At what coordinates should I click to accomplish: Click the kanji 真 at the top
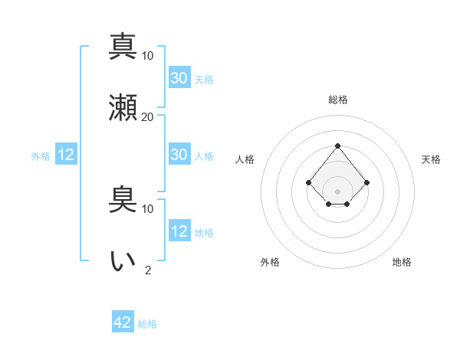point(123,46)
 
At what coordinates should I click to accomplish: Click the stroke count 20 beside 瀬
point(148,117)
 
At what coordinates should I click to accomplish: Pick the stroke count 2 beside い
point(148,270)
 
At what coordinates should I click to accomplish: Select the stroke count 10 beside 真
point(148,56)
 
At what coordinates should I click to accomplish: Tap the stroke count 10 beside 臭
point(148,208)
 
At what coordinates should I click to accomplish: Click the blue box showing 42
point(123,322)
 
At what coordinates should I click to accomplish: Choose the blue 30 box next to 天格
point(179,78)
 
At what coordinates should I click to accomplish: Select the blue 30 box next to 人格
point(179,155)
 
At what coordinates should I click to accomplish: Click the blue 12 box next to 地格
point(179,231)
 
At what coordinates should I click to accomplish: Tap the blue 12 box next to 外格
point(66,155)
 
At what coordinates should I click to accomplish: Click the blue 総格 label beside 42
point(147,324)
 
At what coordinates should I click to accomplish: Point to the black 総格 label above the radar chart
point(337,100)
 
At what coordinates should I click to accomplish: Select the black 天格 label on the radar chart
point(432,159)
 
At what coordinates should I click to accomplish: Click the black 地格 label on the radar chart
point(402,262)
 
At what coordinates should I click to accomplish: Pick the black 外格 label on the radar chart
point(270,262)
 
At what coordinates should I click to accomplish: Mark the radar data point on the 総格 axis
point(337,146)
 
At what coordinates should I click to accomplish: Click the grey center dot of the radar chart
point(337,191)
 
